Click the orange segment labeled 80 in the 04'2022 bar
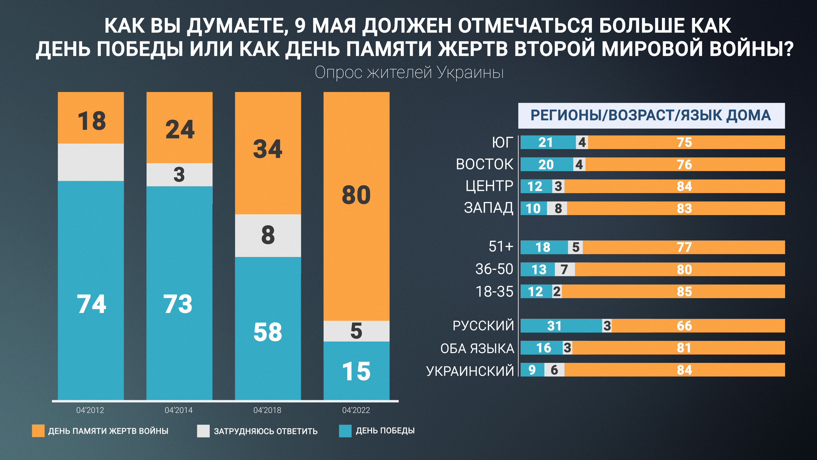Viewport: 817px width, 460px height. [356, 206]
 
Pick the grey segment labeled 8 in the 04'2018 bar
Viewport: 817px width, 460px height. [268, 236]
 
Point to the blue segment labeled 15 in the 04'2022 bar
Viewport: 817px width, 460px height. [356, 371]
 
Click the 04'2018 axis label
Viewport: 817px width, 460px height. [267, 410]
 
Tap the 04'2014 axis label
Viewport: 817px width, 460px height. [179, 410]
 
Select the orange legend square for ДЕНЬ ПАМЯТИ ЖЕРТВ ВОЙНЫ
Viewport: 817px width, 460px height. [38, 431]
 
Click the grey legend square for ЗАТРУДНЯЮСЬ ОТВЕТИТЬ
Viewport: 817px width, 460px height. [203, 431]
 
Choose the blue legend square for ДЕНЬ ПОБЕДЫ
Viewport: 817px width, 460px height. [345, 431]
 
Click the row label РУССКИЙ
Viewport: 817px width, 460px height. [483, 326]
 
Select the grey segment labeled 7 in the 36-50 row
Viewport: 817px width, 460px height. [564, 269]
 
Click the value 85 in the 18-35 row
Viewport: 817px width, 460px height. [684, 291]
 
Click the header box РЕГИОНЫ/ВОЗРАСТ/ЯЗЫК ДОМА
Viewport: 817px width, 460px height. [651, 116]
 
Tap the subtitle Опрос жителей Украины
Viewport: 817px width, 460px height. [409, 72]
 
